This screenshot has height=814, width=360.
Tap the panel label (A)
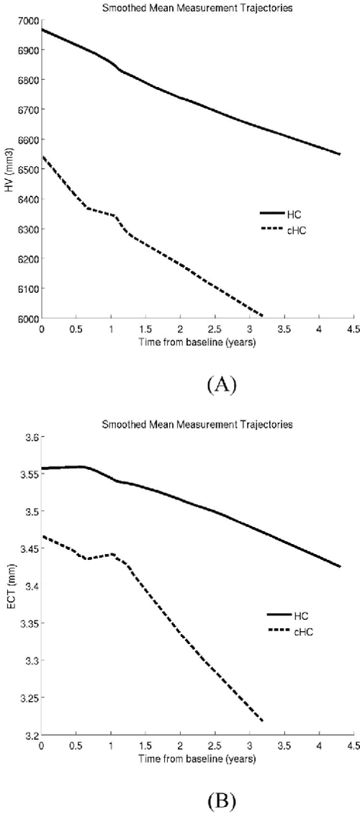(x=220, y=386)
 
